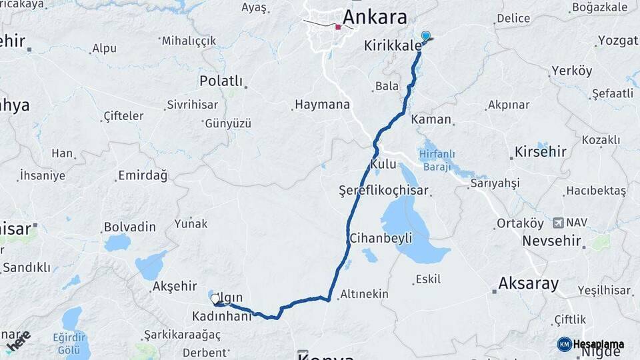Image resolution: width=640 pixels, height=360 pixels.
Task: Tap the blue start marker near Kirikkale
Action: click(x=425, y=36)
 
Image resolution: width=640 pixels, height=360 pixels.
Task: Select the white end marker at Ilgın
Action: click(x=215, y=299)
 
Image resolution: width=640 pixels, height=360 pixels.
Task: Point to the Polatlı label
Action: click(x=221, y=81)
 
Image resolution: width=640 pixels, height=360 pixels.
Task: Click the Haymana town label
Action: click(x=322, y=105)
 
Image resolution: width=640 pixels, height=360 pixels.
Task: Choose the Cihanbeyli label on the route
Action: click(x=381, y=238)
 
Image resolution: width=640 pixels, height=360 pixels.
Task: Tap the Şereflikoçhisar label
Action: click(x=383, y=191)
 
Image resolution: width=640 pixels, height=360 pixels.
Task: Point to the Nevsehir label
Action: click(x=551, y=240)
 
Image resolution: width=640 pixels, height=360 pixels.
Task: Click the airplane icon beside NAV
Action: click(x=557, y=222)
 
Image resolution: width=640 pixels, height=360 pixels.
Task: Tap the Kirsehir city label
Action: click(x=540, y=151)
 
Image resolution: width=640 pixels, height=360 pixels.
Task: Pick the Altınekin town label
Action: click(x=364, y=293)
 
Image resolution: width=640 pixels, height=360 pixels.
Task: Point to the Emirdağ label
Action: click(x=142, y=176)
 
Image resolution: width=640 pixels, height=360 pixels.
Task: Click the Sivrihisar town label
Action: click(x=189, y=105)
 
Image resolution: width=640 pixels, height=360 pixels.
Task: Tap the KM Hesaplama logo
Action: click(x=591, y=344)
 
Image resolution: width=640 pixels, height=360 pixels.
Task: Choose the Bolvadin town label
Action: click(x=130, y=227)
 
